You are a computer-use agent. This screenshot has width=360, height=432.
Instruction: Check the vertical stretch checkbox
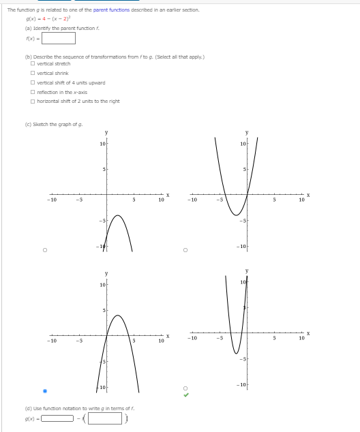coord(33,63)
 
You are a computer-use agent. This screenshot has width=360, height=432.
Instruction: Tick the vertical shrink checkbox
coord(33,73)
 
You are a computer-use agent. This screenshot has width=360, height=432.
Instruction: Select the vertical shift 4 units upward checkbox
coord(33,82)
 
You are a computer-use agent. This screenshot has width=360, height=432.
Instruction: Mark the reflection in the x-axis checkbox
coord(33,92)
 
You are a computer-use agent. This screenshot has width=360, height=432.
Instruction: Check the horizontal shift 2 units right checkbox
coord(33,101)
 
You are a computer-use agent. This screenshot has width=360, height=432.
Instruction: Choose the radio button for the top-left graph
coord(45,250)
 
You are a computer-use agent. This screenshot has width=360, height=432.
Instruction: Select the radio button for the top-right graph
coord(185,250)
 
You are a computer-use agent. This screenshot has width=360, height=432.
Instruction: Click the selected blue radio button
coord(45,391)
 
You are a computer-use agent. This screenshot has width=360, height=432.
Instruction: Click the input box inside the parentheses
coord(104,418)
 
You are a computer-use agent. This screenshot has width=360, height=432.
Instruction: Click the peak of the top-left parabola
coord(117,215)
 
